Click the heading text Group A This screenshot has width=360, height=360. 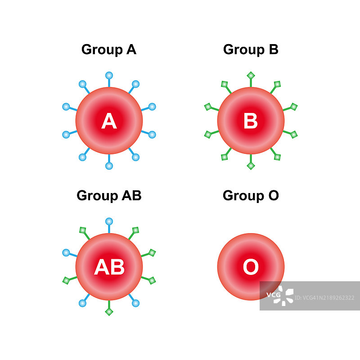click(108, 49)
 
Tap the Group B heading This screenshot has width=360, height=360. click(251, 49)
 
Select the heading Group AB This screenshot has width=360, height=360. click(109, 195)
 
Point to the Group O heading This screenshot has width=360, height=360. click(251, 195)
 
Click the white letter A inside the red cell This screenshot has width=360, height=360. click(109, 121)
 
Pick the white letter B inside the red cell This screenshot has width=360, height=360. click(251, 121)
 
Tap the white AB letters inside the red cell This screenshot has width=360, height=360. click(109, 267)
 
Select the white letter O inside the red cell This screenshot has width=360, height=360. click(251, 267)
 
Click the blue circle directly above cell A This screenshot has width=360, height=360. click(109, 75)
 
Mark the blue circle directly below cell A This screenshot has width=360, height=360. click(109, 166)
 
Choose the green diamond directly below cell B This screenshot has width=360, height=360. click(251, 166)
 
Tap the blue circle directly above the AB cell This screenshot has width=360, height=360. click(109, 221)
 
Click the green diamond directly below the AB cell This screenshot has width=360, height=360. click(109, 312)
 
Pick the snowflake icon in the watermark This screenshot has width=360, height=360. click(287, 296)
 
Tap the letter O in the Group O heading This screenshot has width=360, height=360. click(273, 195)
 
